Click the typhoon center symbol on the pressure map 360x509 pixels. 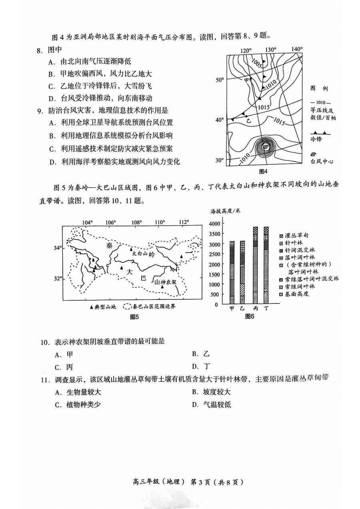[265, 148]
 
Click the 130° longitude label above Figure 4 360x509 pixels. [271, 50]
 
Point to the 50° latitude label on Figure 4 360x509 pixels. [220, 80]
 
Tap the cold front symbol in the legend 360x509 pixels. [320, 132]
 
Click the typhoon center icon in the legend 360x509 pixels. [313, 154]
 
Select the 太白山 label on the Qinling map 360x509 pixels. [140, 254]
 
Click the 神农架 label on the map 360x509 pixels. [166, 282]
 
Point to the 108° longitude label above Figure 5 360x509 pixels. [137, 222]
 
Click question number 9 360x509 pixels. [39, 111]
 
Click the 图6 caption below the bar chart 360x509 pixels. [250, 316]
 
